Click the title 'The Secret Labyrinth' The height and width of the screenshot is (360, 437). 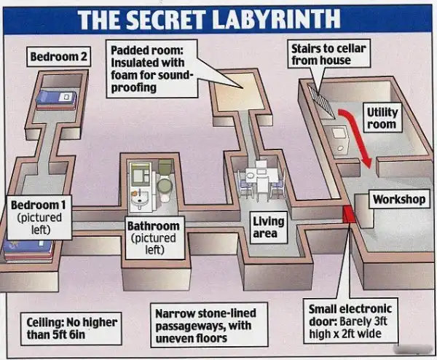click(x=218, y=17)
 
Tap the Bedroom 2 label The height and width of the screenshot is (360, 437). click(x=59, y=57)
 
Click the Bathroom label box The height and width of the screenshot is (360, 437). click(x=153, y=237)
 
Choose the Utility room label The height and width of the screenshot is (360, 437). click(x=382, y=118)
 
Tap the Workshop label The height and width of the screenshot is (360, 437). click(x=398, y=199)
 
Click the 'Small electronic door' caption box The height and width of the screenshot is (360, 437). click(x=350, y=321)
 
